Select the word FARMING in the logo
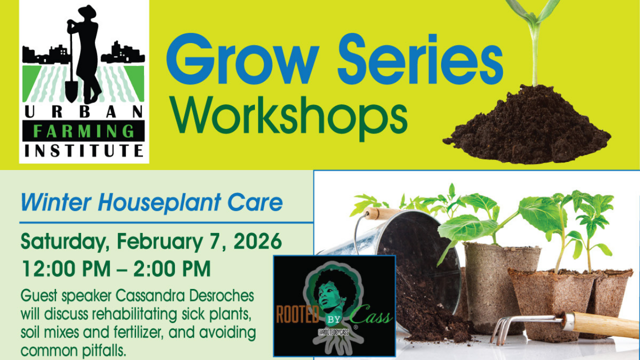point(83,131)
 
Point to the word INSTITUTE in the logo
point(83,150)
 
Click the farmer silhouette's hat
point(88,11)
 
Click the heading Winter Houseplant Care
point(151,202)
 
